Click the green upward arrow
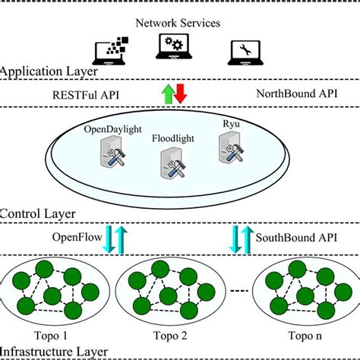[168, 95]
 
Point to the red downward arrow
[180, 95]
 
